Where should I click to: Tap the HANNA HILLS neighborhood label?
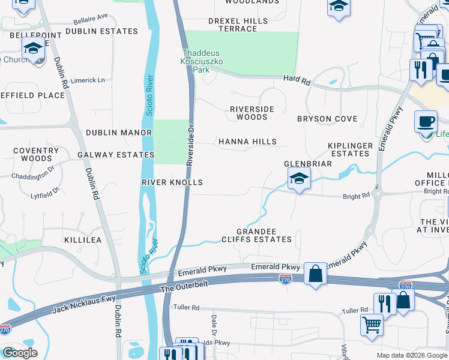click(247, 142)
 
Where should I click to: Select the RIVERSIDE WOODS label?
click(252, 113)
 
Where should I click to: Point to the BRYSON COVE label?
click(327, 119)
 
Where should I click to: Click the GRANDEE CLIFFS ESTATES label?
click(264, 235)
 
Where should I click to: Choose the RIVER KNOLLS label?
click(172, 182)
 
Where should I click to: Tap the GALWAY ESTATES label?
click(116, 154)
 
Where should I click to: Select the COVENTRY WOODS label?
click(36, 154)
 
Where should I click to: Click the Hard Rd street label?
click(297, 79)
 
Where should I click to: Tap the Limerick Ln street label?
click(87, 80)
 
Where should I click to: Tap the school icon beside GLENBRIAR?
click(299, 178)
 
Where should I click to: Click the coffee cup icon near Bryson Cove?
click(426, 121)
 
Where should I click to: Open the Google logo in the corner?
click(20, 353)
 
